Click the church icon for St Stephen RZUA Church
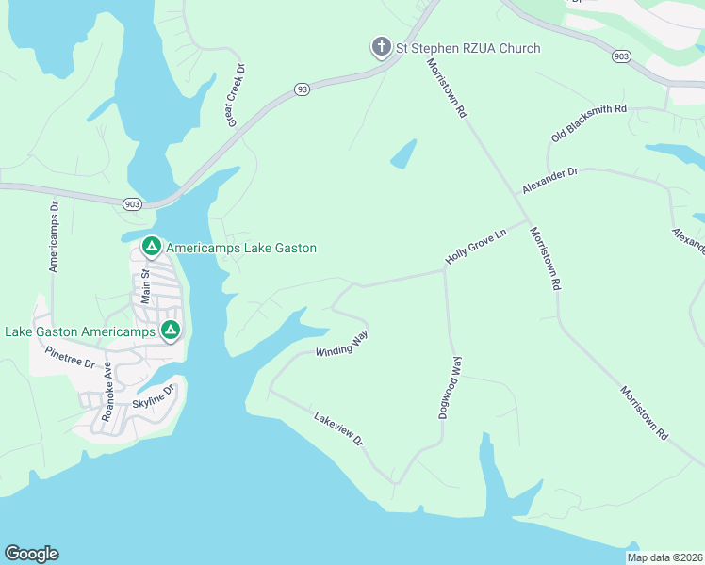click(380, 48)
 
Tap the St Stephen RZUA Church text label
click(467, 48)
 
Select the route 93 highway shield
click(302, 89)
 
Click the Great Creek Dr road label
click(233, 95)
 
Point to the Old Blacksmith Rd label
click(589, 124)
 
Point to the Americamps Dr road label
click(54, 236)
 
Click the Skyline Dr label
click(154, 402)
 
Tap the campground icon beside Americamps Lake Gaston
click(150, 247)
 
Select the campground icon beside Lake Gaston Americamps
click(171, 331)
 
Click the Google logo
click(31, 554)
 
